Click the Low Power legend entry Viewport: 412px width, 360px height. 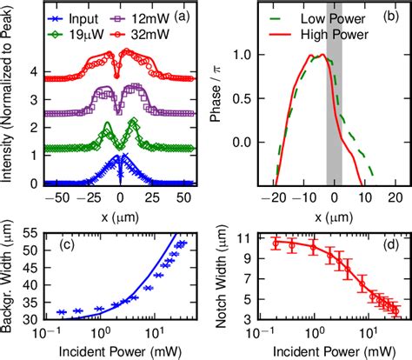[x=321, y=18]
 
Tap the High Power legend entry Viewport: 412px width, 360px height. [x=321, y=34]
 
